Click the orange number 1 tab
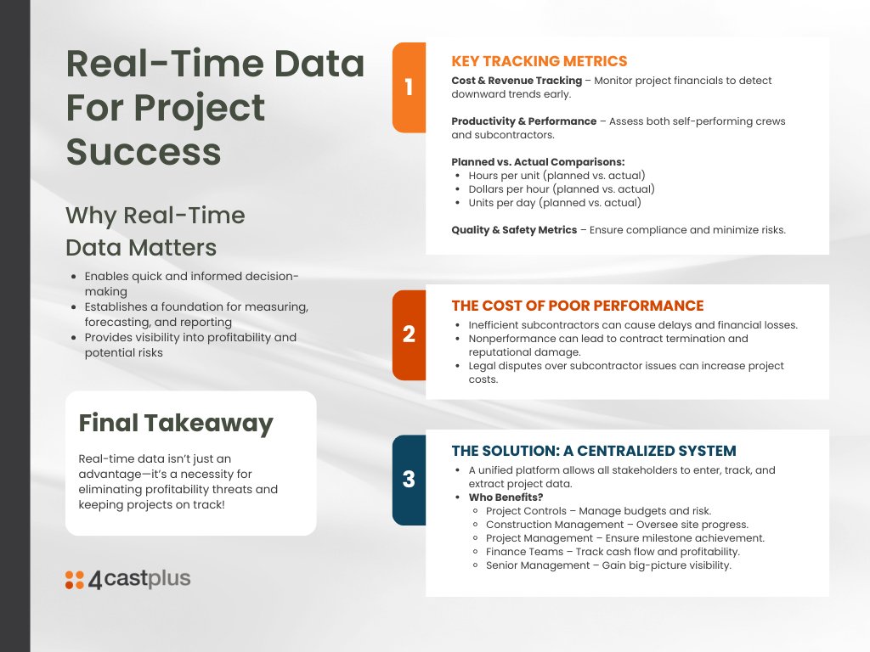pos(409,87)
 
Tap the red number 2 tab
pos(409,334)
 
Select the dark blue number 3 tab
pos(409,480)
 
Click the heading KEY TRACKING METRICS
pos(539,61)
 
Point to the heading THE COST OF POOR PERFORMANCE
pos(577,306)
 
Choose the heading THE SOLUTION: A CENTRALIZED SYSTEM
pos(593,451)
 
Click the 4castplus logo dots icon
pos(75,580)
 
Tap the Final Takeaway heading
pos(176,423)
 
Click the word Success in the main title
pos(144,151)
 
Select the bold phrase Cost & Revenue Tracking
pos(517,81)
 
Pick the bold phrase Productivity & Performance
pos(523,121)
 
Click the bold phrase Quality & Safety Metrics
pos(513,230)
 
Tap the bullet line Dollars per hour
pos(561,189)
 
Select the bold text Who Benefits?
pos(506,497)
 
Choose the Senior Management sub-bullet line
pos(608,565)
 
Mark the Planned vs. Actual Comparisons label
pos(538,162)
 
